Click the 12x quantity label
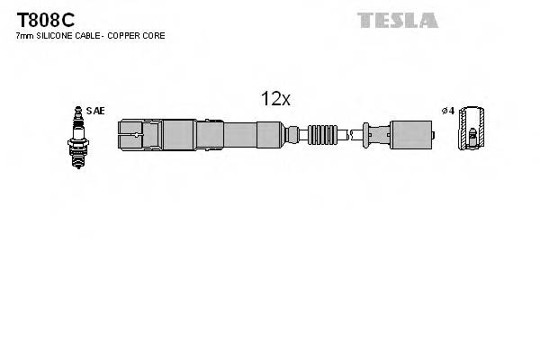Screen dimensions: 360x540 click(x=274, y=100)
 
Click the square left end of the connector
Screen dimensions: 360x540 click(x=130, y=136)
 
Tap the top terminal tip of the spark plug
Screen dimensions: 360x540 click(x=76, y=110)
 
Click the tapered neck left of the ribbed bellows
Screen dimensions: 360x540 click(x=294, y=136)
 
